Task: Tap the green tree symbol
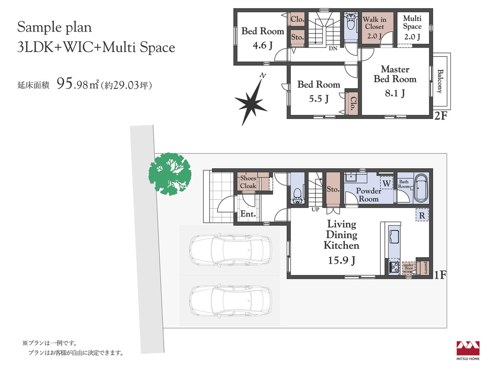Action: tap(170, 174)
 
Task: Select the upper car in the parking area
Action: tap(231, 250)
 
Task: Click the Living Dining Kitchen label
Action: tap(341, 235)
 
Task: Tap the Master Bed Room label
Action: tap(395, 74)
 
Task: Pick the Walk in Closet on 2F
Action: tap(375, 27)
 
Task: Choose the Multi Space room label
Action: tap(412, 22)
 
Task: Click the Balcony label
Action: tap(440, 81)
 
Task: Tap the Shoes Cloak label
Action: tap(248, 182)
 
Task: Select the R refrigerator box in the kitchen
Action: tap(422, 215)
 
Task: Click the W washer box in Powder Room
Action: tap(387, 183)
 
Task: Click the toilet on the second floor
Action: tap(351, 22)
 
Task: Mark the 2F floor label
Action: tap(441, 116)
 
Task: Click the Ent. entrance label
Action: tap(248, 214)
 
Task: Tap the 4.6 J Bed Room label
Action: tap(263, 38)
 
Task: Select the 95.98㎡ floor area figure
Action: tap(78, 84)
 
